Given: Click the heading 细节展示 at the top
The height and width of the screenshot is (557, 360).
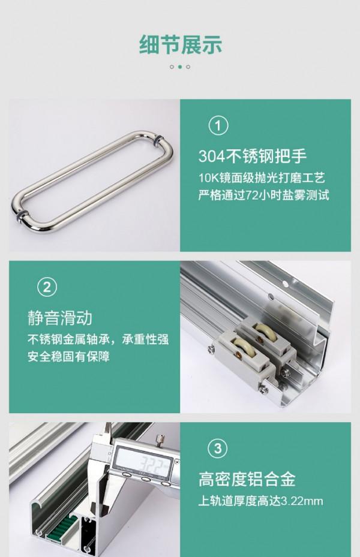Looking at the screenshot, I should tap(180, 44).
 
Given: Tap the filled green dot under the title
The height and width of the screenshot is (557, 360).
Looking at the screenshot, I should tap(180, 67).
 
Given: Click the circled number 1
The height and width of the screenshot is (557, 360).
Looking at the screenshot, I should tap(218, 126).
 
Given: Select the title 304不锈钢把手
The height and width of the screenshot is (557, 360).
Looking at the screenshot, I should tap(252, 156).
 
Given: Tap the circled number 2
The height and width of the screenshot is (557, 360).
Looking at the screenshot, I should tap(47, 287).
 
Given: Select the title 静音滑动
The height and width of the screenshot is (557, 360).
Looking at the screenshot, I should tap(60, 317).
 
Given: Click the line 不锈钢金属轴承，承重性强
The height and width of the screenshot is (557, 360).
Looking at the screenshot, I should tap(98, 339).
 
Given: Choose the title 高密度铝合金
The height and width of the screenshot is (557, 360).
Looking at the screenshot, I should tap(247, 479).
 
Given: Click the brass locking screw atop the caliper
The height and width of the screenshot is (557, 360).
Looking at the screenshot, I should tap(159, 441).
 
